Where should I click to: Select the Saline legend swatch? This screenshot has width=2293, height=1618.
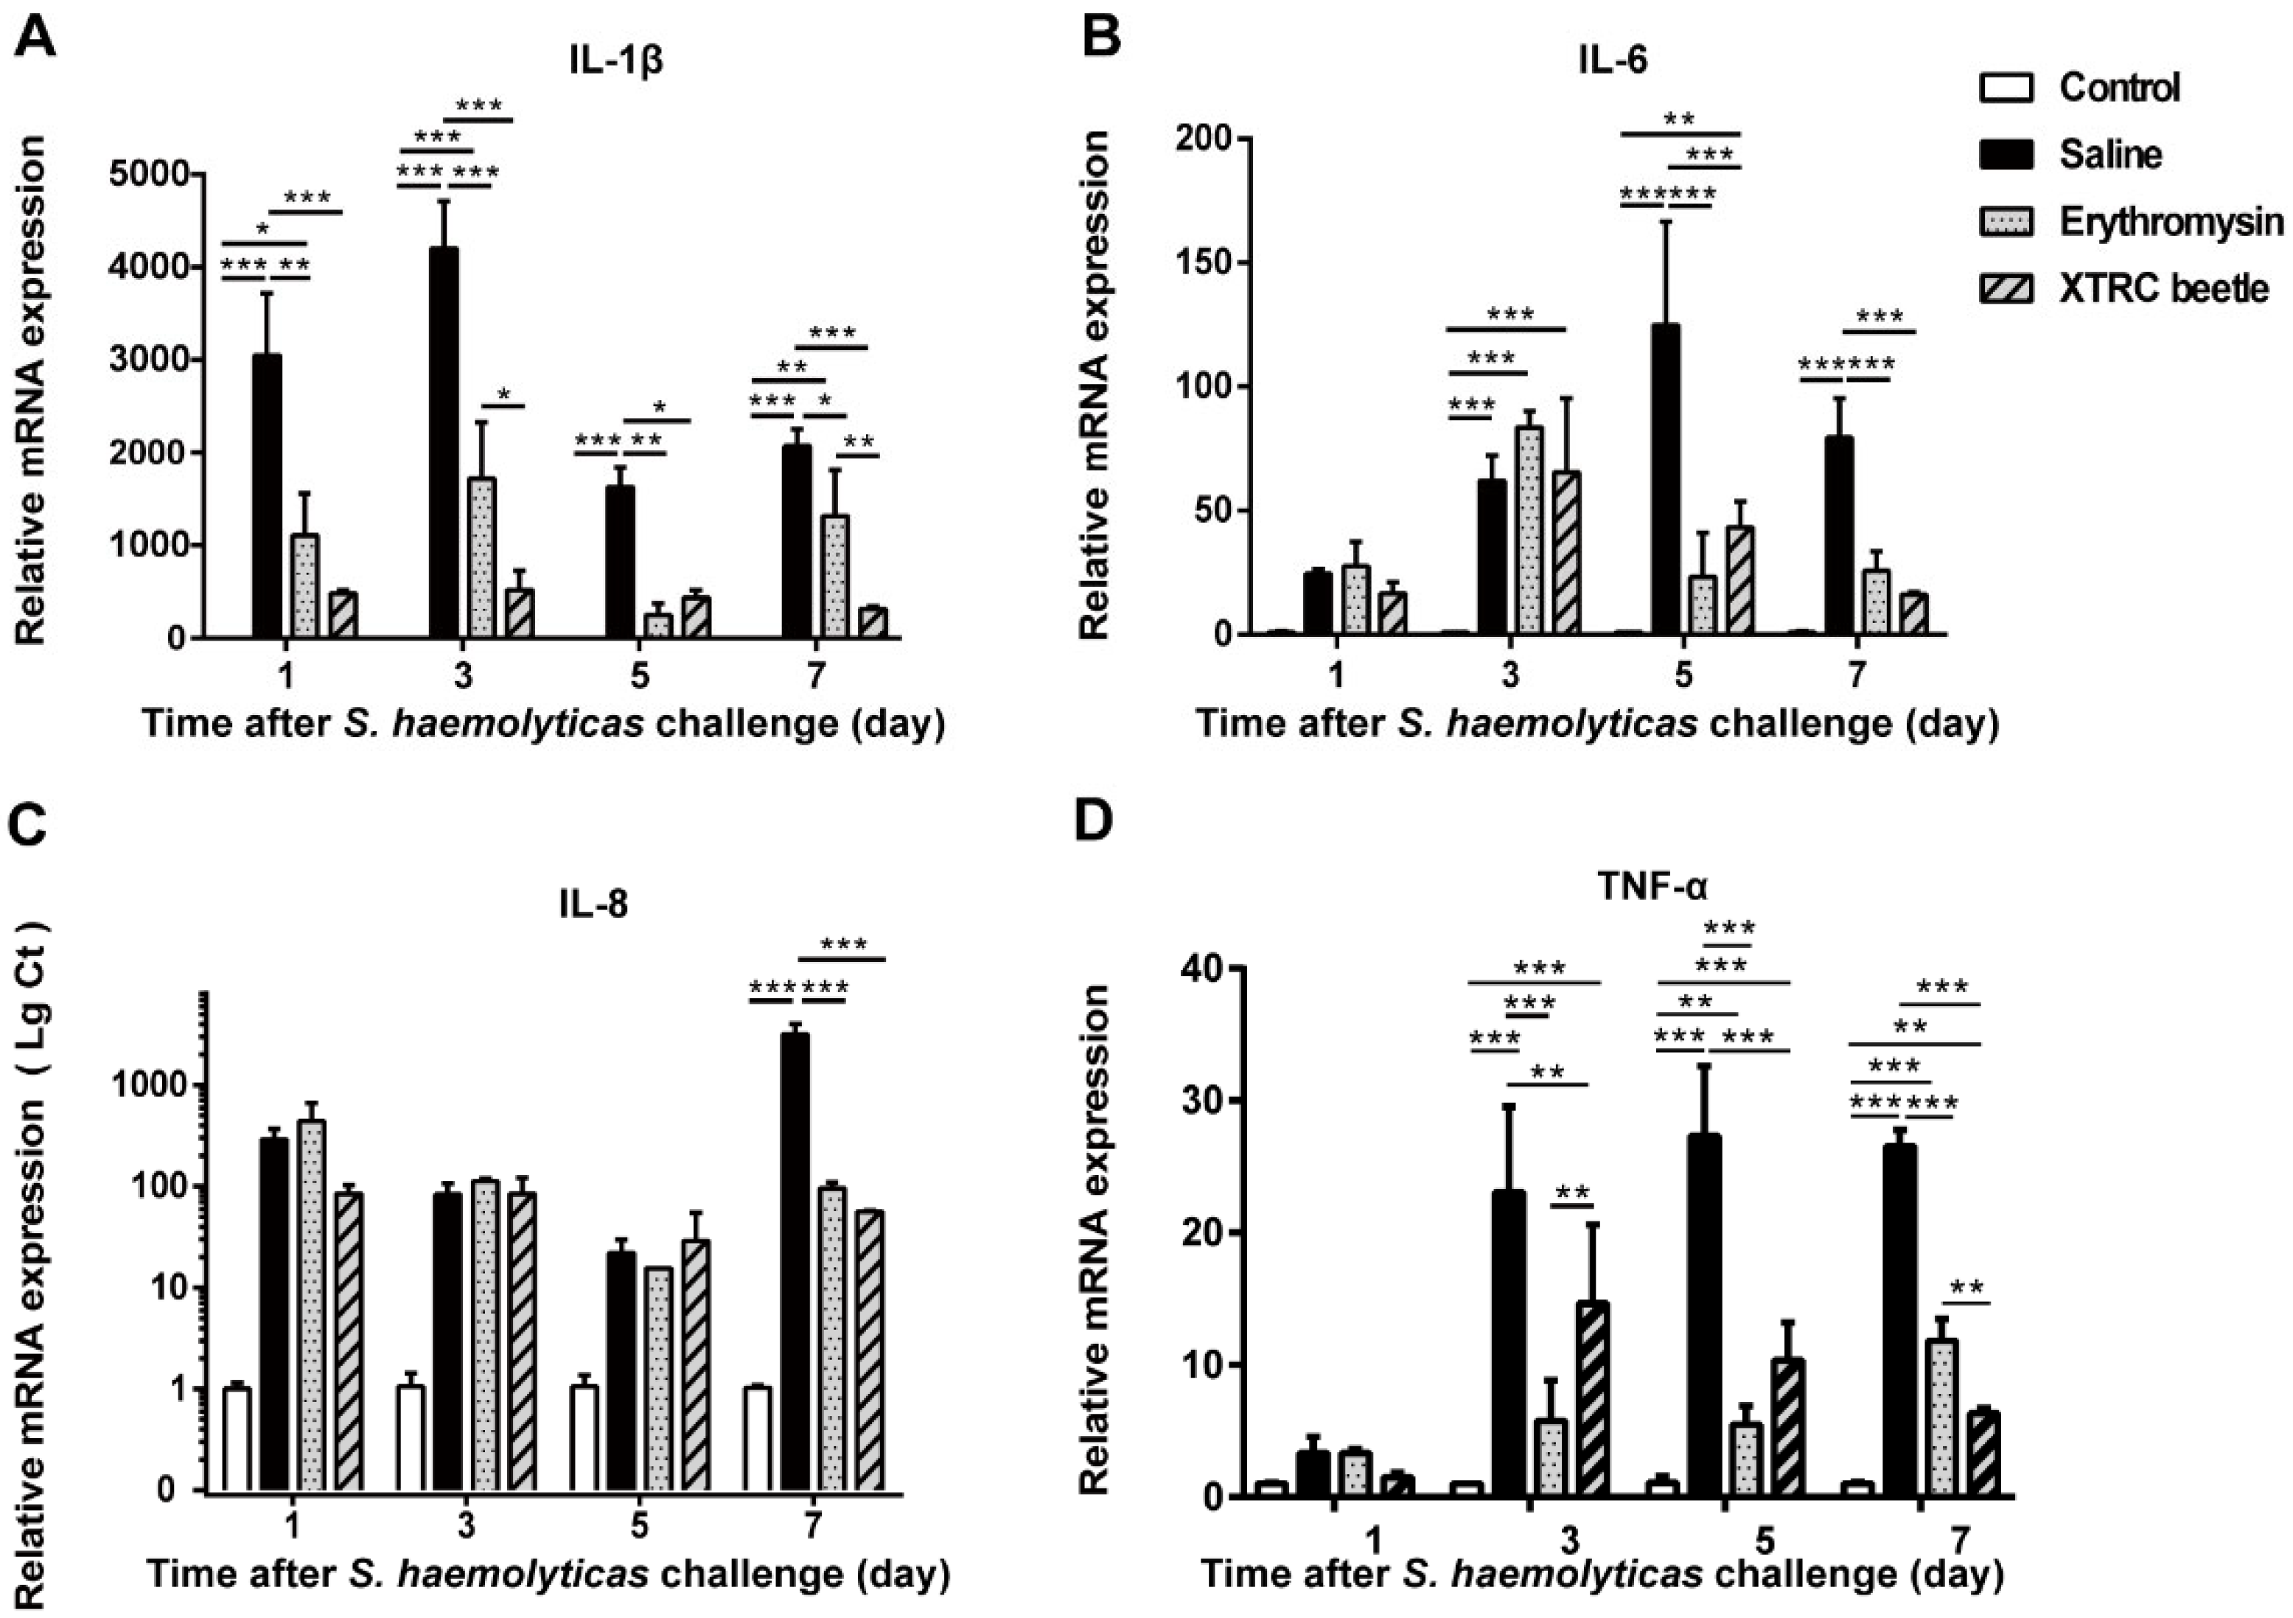coord(2006,155)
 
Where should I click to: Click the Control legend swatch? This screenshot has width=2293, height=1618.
coord(2006,88)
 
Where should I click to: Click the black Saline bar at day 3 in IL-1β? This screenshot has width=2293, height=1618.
coord(444,442)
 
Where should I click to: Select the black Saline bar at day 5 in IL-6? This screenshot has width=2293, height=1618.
coord(1666,478)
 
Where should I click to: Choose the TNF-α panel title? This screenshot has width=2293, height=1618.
coord(1655,887)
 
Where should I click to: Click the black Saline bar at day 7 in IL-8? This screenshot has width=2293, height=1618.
coord(795,1263)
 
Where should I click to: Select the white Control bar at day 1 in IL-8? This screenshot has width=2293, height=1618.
coord(237,1440)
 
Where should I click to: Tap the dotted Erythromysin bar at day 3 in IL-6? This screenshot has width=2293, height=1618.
coord(1528,530)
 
